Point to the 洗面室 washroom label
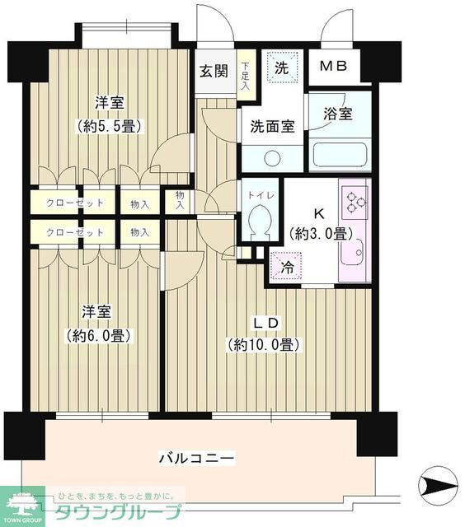(273, 128)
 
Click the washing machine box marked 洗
(281, 68)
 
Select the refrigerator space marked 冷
(285, 267)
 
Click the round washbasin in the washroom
(273, 159)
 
